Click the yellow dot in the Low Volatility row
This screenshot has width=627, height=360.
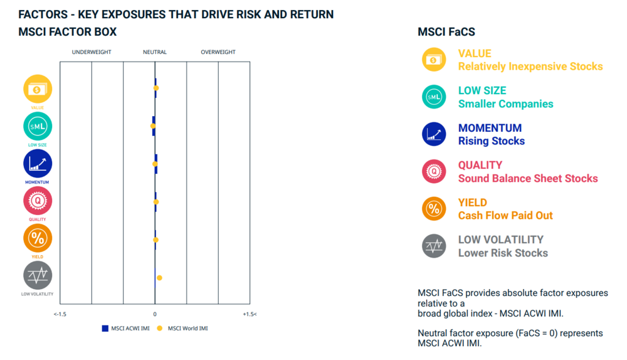159,278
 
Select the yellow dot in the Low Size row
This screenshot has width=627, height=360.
153,126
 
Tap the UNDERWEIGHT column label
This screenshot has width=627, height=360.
92,52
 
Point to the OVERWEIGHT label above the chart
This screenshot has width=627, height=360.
218,52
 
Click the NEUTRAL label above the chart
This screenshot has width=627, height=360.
155,52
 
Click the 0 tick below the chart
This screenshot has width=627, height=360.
155,314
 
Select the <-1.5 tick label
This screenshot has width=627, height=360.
60,314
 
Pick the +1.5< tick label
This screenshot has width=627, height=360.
250,314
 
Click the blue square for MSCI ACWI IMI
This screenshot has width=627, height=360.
105,329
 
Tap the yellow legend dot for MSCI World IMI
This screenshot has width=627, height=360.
159,329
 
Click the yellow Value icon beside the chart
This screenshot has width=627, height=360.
38,89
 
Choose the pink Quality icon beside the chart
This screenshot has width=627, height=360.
38,201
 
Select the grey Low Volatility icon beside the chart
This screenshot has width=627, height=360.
38,275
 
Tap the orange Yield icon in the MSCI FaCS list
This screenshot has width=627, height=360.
434,209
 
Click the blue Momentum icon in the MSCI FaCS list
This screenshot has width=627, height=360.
434,134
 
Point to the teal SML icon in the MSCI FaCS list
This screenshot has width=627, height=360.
434,97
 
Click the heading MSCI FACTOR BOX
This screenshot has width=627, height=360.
68,32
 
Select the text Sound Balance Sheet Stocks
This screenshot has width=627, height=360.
528,178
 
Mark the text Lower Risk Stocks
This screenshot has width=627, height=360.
503,253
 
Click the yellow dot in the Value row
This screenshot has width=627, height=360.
156,88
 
